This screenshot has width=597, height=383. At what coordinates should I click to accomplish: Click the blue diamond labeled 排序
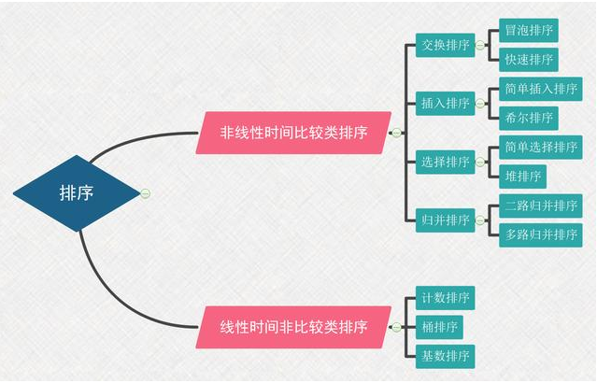(77, 193)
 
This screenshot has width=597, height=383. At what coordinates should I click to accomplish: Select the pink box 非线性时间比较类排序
(293, 133)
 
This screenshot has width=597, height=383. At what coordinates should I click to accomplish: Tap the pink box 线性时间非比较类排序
(293, 327)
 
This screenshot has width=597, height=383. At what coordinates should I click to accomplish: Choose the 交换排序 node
(445, 45)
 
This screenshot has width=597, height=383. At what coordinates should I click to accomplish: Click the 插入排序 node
(445, 104)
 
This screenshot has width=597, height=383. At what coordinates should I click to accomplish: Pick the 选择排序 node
(445, 162)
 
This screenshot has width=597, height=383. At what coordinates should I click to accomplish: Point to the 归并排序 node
(445, 220)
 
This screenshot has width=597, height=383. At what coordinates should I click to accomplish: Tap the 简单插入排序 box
(540, 90)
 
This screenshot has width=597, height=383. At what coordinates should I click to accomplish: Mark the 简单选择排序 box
(540, 148)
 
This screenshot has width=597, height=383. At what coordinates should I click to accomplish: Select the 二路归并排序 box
(540, 206)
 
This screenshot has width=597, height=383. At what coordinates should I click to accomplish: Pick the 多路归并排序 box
(540, 234)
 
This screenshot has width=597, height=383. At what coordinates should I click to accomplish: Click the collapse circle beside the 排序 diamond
(145, 193)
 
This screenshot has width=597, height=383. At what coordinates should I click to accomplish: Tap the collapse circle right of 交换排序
(479, 45)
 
